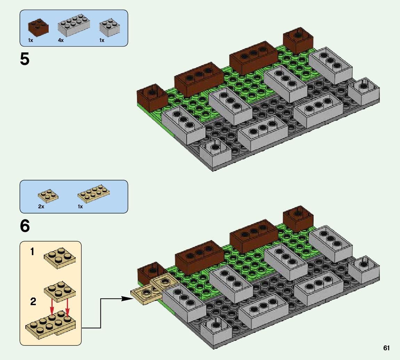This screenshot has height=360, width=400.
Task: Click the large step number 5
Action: (25, 59)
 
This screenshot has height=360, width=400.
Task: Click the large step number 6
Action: (25, 226)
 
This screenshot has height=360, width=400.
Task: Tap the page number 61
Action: (386, 348)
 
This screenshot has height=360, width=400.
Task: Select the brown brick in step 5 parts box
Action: (39, 27)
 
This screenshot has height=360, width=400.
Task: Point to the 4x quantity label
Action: (61, 40)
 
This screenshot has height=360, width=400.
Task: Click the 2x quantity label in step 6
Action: (41, 207)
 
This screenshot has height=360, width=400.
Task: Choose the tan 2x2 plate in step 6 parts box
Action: (48, 195)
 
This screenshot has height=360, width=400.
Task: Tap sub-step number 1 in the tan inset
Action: (32, 252)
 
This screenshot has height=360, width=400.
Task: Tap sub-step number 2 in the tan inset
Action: (33, 302)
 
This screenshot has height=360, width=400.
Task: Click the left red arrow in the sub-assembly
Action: (52, 305)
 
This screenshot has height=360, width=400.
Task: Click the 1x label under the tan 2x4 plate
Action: (80, 207)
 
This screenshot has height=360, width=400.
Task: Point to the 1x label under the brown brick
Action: (31, 40)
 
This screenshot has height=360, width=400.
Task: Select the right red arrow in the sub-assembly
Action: (67, 305)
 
